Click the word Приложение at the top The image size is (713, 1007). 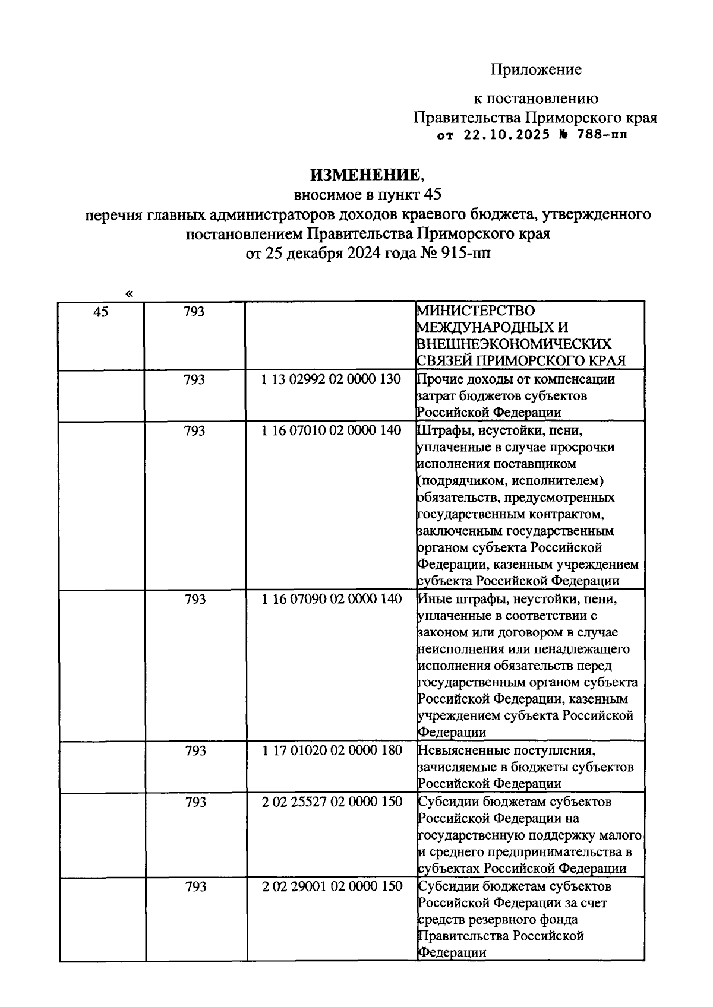click(535, 70)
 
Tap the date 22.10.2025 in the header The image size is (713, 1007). click(506, 135)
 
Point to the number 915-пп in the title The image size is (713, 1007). click(468, 254)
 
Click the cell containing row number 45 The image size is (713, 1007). click(101, 312)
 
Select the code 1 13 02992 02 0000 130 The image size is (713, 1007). click(331, 379)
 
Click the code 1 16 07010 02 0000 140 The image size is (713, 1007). click(331, 430)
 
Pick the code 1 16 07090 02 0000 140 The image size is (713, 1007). click(331, 599)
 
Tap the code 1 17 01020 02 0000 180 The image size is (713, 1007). click(331, 750)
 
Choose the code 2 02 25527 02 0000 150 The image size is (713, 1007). click(331, 802)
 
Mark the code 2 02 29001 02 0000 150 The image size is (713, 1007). click(331, 886)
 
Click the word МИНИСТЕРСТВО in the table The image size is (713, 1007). click(475, 311)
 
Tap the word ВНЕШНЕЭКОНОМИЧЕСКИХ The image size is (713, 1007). click(515, 344)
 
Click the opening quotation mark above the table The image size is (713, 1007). click(129, 293)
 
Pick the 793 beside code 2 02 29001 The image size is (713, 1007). click(195, 886)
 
